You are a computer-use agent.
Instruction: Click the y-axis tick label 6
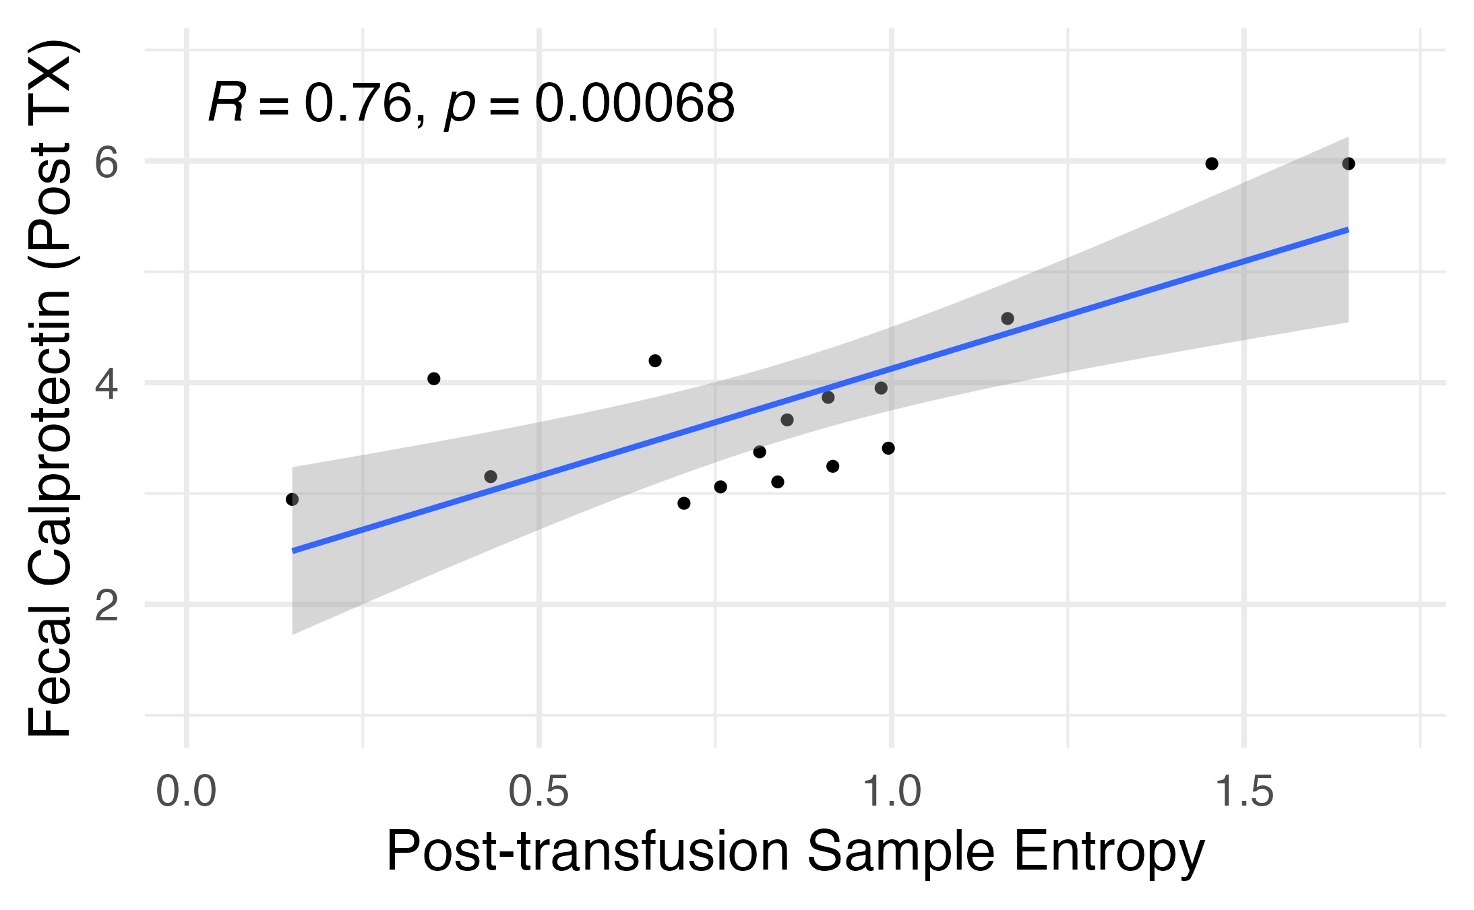106,162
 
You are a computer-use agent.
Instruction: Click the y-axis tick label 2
106,606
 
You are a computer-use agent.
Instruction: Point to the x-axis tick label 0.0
186,791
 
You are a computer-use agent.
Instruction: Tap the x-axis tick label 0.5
539,791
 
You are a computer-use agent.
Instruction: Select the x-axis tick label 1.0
892,791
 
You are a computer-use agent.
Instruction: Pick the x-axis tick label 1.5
1244,791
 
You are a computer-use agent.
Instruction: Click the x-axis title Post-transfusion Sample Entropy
795,853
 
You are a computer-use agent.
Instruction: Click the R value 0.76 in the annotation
358,104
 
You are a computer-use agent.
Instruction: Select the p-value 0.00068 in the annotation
634,104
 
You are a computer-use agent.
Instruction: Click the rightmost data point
1349,164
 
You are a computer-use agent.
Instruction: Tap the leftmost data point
292,499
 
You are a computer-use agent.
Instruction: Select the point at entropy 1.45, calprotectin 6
1212,164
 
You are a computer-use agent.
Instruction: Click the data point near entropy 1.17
1008,319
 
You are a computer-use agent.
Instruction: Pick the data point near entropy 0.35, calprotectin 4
434,379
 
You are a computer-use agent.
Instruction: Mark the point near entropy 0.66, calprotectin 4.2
655,361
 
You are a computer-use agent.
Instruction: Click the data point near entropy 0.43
491,477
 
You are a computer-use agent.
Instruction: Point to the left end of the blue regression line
293,551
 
